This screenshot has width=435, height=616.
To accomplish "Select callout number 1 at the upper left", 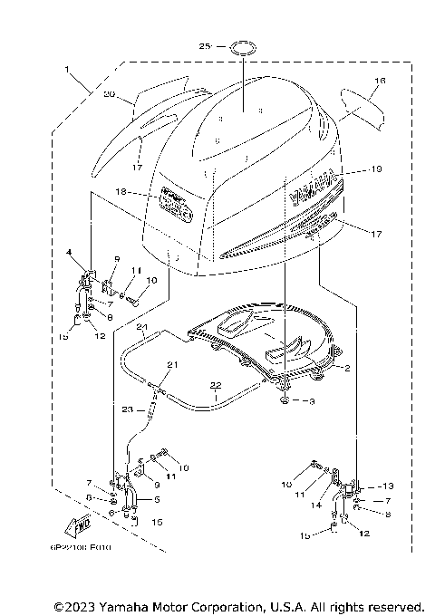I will pyautogui.click(x=67, y=69).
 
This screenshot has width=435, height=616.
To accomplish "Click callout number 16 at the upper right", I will pyautogui.click(x=380, y=82).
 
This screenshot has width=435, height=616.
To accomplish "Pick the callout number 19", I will pyautogui.click(x=378, y=168).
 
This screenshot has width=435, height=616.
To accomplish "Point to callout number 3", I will pyautogui.click(x=311, y=399).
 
